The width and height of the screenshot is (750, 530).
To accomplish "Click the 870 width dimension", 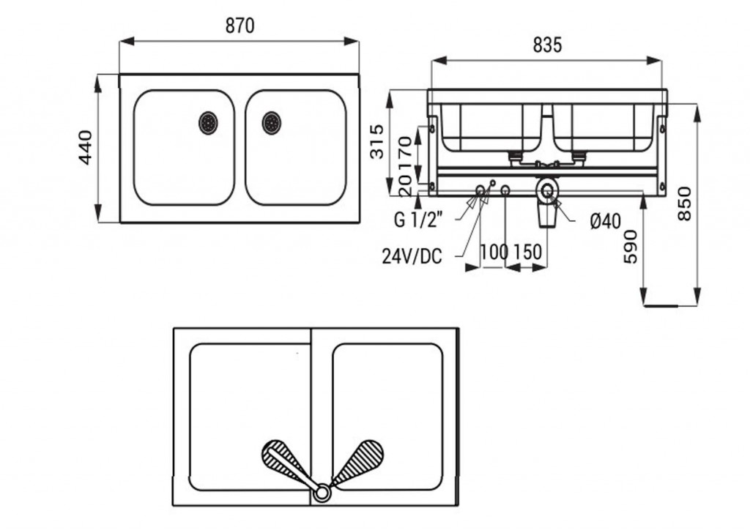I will [x=239, y=26].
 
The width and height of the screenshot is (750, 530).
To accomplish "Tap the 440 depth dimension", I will [x=86, y=146].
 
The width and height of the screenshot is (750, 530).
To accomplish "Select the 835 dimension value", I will [x=547, y=45].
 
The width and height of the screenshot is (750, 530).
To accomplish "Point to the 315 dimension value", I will [x=376, y=141].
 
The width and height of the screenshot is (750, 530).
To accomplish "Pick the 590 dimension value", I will [x=631, y=246].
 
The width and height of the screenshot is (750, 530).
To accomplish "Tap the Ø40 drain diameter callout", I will [x=605, y=220].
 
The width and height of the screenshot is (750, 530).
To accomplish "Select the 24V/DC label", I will [x=412, y=256].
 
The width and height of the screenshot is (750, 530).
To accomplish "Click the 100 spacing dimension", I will [x=494, y=252].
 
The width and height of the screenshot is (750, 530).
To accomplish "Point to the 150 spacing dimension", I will [x=527, y=252].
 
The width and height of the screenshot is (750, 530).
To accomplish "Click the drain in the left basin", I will [x=208, y=122].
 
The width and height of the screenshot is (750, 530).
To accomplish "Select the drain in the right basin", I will [x=272, y=122].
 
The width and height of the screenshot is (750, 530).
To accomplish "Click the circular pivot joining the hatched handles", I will [x=322, y=493].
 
